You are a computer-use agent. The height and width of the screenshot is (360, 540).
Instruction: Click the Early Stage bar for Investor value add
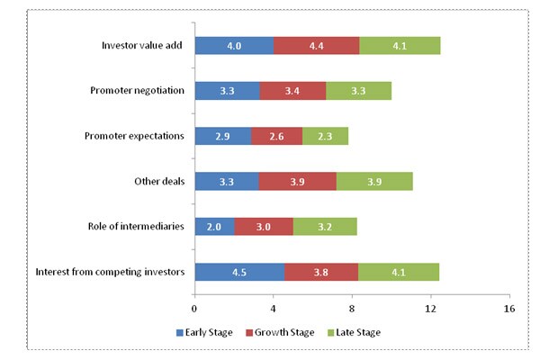pyautogui.click(x=234, y=46)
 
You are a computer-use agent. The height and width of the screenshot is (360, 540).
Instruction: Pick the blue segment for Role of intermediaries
pyautogui.click(x=214, y=226)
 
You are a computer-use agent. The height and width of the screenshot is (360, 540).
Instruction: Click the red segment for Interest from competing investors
pyautogui.click(x=321, y=271)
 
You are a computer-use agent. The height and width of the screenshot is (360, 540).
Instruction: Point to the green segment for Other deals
pyautogui.click(x=374, y=181)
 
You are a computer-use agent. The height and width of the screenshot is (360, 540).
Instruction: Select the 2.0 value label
pyautogui.click(x=214, y=226)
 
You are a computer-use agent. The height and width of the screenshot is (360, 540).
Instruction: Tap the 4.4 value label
pyautogui.click(x=316, y=46)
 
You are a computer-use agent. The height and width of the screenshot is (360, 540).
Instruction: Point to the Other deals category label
pyautogui.click(x=159, y=181)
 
